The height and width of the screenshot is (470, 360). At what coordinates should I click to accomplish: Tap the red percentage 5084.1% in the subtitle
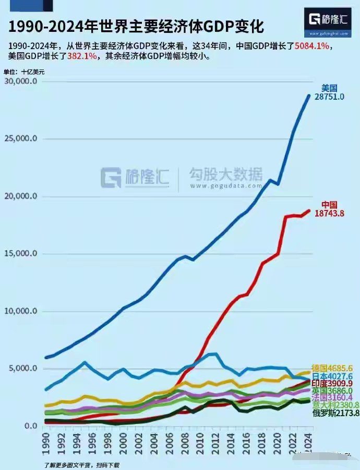(312, 46)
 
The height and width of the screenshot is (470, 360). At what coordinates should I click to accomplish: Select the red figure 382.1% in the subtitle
(82, 56)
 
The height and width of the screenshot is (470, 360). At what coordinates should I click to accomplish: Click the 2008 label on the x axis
(187, 444)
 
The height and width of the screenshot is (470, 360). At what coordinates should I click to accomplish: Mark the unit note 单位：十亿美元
(24, 72)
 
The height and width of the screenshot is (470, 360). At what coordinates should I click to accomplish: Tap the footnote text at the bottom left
(81, 464)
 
